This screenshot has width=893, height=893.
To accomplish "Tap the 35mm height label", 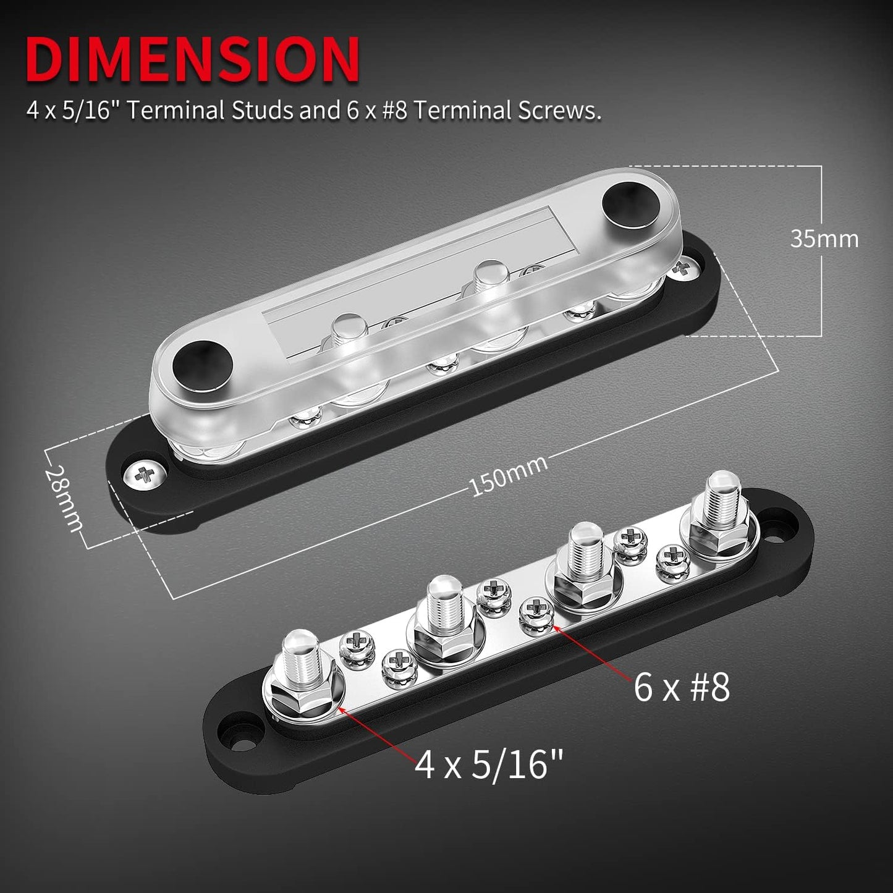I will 824,239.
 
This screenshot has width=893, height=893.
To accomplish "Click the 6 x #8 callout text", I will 681,688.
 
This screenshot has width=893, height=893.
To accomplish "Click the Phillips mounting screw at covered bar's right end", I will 683,268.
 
